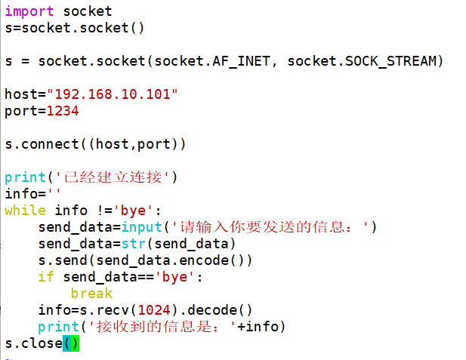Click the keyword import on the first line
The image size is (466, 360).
[29, 11]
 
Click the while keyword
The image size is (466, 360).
[25, 211]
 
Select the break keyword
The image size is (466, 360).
[91, 294]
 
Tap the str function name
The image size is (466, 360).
[133, 244]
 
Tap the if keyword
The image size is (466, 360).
[46, 277]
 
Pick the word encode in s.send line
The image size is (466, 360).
[208, 260]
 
